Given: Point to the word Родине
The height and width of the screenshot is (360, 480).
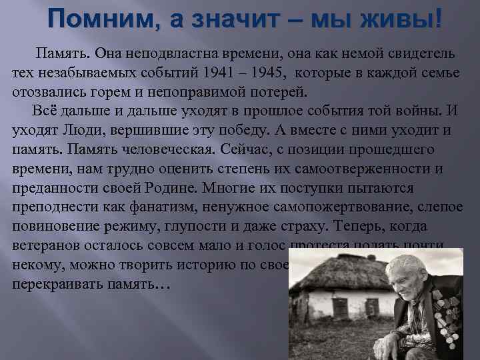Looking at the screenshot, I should pyautogui.click(x=171, y=188).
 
